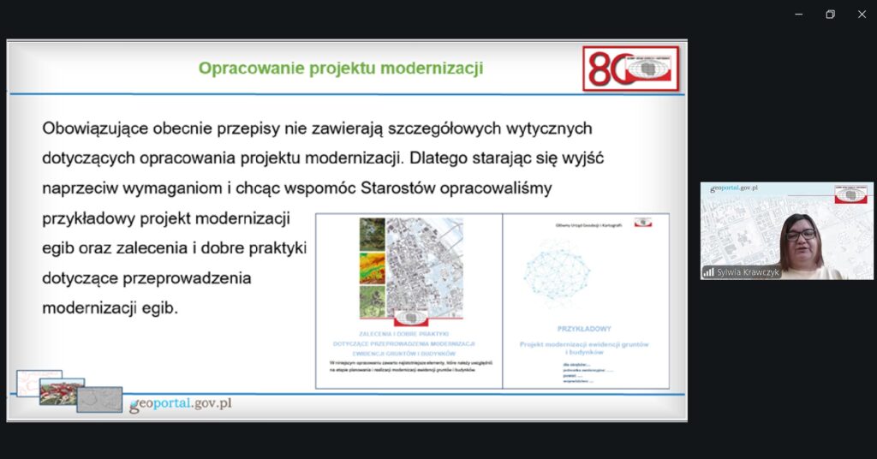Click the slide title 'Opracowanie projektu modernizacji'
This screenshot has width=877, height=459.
[x=340, y=69]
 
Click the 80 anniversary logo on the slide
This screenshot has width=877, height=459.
[x=631, y=69]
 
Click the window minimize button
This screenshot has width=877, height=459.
[x=798, y=14]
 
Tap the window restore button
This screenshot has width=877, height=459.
[x=830, y=14]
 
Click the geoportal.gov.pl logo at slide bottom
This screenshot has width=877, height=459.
[x=180, y=404]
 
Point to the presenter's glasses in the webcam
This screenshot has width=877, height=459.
[x=801, y=234]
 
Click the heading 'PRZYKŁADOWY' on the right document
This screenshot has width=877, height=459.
[x=584, y=328]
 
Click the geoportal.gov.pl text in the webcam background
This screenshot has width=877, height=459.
[x=733, y=188]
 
